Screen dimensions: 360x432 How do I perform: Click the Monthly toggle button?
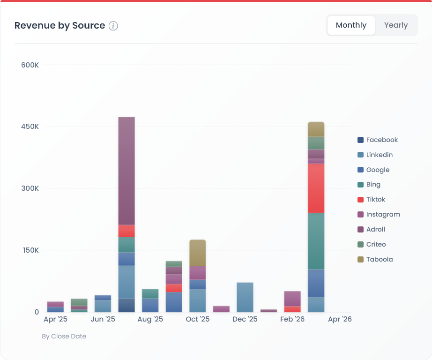[351, 25]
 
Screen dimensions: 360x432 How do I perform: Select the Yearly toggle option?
[395, 25]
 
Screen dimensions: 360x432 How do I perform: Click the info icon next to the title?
[113, 26]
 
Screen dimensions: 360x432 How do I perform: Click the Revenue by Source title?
[60, 25]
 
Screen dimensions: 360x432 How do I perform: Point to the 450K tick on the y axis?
[30, 127]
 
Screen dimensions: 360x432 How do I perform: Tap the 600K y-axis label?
[30, 65]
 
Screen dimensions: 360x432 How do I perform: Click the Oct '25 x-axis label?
[197, 319]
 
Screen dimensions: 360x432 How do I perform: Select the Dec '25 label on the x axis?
[245, 319]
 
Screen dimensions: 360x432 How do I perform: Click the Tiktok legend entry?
[375, 200]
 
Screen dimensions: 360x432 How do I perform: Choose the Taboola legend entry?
[379, 259]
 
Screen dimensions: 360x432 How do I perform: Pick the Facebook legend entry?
[381, 140]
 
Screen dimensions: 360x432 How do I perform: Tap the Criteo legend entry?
[376, 244]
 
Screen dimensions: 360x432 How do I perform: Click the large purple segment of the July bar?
[127, 171]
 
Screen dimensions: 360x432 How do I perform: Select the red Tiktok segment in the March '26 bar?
[316, 188]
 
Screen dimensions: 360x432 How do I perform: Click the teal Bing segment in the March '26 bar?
[316, 241]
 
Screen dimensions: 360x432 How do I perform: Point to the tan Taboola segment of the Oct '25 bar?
[197, 253]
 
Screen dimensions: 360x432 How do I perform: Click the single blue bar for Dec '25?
[245, 297]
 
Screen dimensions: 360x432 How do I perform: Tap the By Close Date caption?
[64, 336]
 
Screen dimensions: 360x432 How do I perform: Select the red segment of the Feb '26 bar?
[292, 309]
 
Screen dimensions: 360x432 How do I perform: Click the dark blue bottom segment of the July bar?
[127, 305]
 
